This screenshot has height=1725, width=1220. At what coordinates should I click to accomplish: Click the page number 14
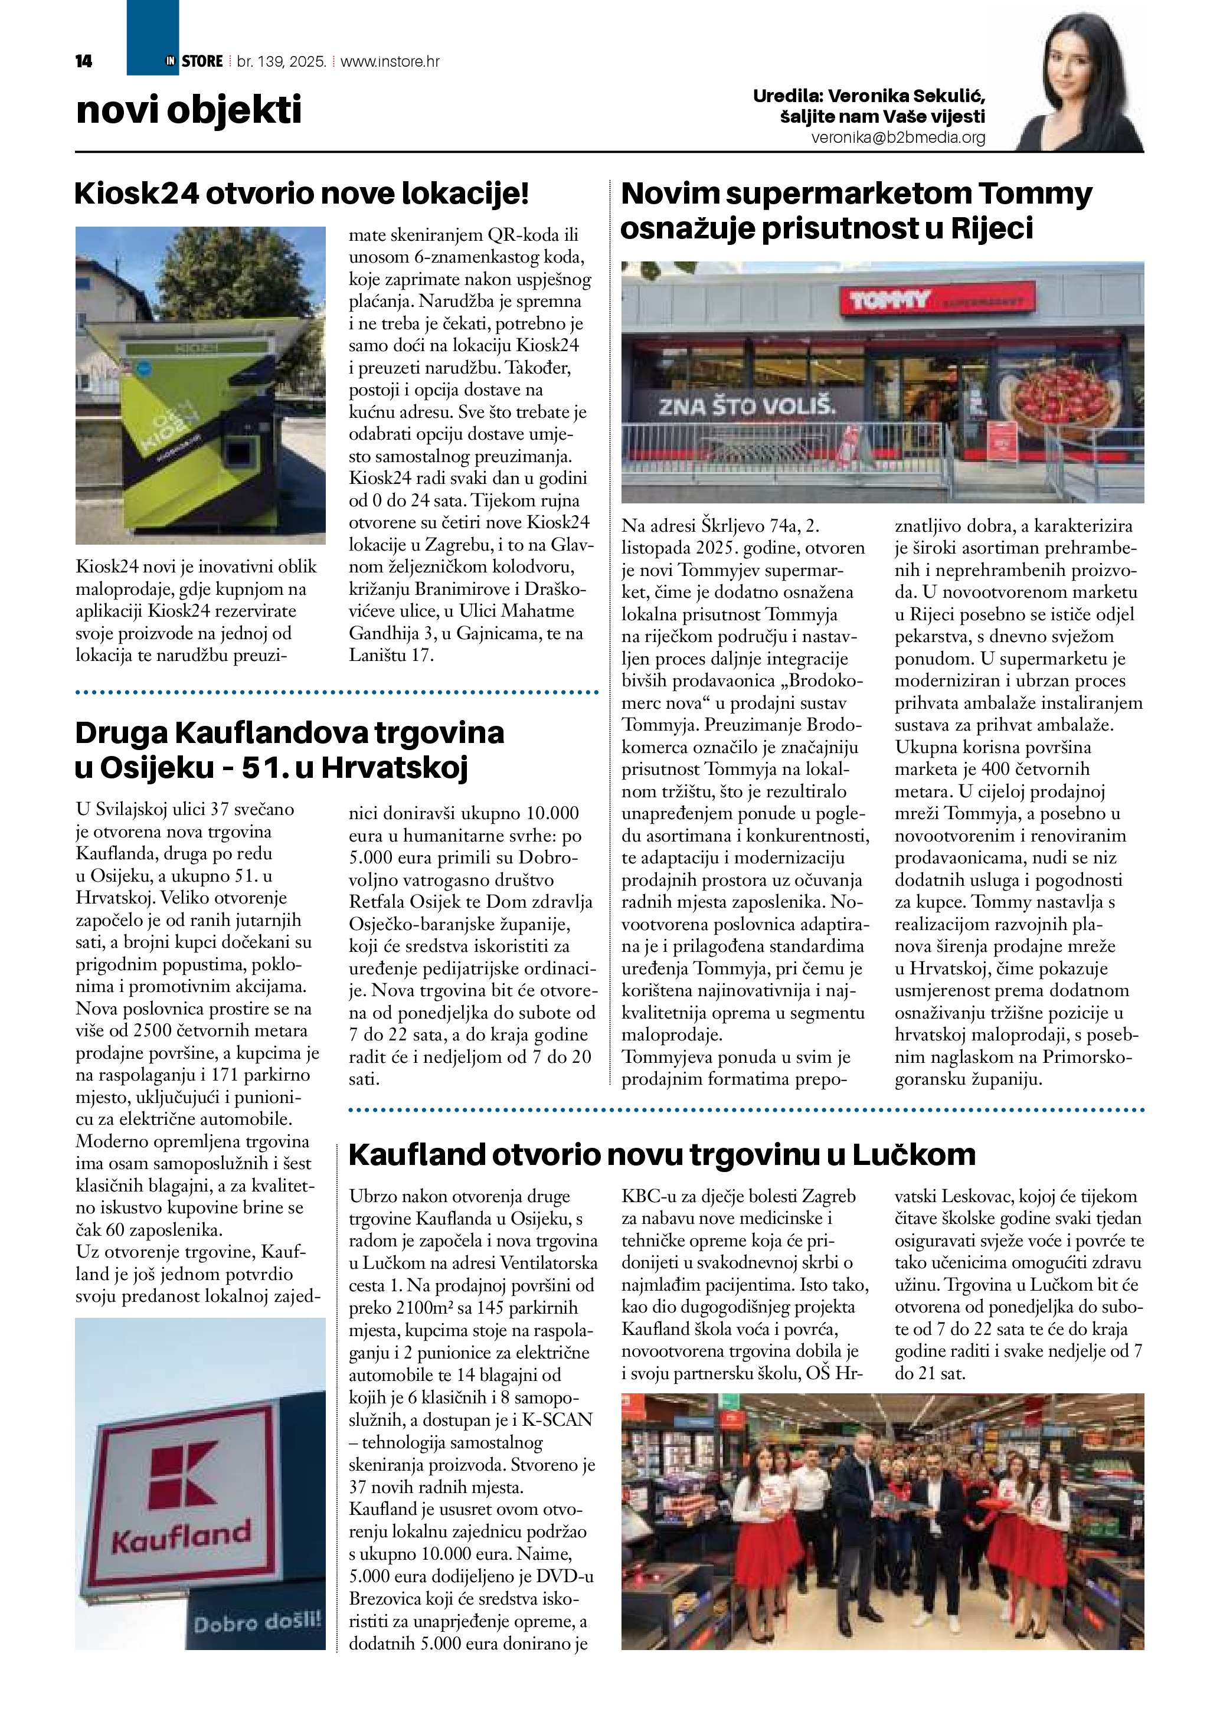pyautogui.click(x=83, y=61)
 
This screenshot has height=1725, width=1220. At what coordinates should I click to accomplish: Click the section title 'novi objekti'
pyautogui.click(x=188, y=110)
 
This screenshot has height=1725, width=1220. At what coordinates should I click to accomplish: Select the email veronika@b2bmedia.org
pyautogui.click(x=898, y=138)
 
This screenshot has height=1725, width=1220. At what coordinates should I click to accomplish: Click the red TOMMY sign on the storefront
pyautogui.click(x=889, y=302)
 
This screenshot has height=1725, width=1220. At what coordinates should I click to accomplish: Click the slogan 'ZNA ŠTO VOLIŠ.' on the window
pyautogui.click(x=747, y=407)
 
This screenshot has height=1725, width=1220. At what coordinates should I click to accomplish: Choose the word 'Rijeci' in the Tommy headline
pyautogui.click(x=992, y=228)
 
